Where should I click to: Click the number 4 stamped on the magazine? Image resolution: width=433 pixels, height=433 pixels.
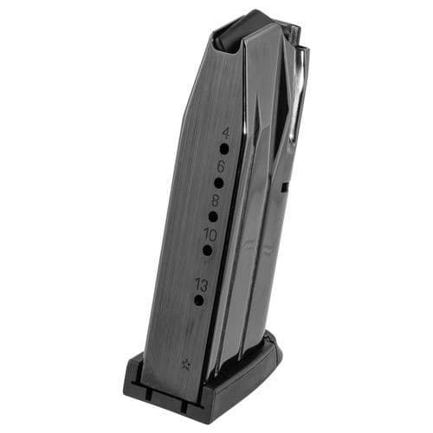[226, 133]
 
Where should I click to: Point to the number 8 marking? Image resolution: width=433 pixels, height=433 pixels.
[216, 199]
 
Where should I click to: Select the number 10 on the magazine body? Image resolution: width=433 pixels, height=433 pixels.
[210, 233]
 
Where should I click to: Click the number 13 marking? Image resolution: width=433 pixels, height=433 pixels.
[202, 282]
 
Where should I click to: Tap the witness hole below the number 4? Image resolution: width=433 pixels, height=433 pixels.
[223, 149]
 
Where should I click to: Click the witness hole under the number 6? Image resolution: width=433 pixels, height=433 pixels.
[218, 183]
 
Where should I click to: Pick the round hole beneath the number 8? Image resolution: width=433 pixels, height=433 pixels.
[213, 216]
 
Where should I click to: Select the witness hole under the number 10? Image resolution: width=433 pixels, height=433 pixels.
[208, 249]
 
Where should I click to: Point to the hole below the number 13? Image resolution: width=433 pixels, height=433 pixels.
[199, 300]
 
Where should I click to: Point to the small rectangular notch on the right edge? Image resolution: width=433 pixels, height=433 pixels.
[285, 184]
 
